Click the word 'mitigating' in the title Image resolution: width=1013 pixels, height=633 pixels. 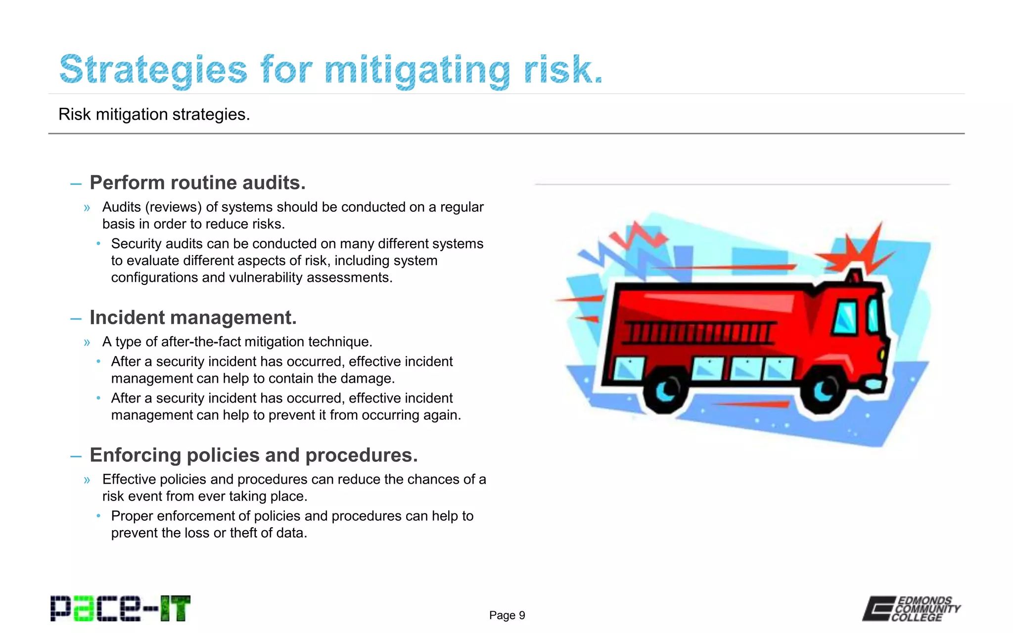click(417, 70)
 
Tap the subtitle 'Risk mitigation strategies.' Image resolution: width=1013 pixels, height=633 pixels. click(154, 114)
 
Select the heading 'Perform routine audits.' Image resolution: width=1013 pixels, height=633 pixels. click(197, 183)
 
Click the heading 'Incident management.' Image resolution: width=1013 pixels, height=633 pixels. click(193, 317)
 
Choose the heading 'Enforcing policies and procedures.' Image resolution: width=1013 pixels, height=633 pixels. click(253, 455)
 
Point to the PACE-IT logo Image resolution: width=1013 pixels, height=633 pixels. click(120, 608)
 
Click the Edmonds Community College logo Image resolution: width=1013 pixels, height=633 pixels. click(911, 608)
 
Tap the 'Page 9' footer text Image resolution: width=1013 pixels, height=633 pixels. click(506, 615)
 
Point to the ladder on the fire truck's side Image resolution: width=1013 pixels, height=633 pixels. click(697, 332)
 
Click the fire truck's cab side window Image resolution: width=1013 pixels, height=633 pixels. click(846, 316)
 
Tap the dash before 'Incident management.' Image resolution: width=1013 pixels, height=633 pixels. click(76, 318)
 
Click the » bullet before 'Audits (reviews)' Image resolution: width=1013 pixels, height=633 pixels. click(87, 208)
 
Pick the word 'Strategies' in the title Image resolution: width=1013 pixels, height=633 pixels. click(153, 70)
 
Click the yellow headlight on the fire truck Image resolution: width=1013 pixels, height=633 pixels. click(881, 355)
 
